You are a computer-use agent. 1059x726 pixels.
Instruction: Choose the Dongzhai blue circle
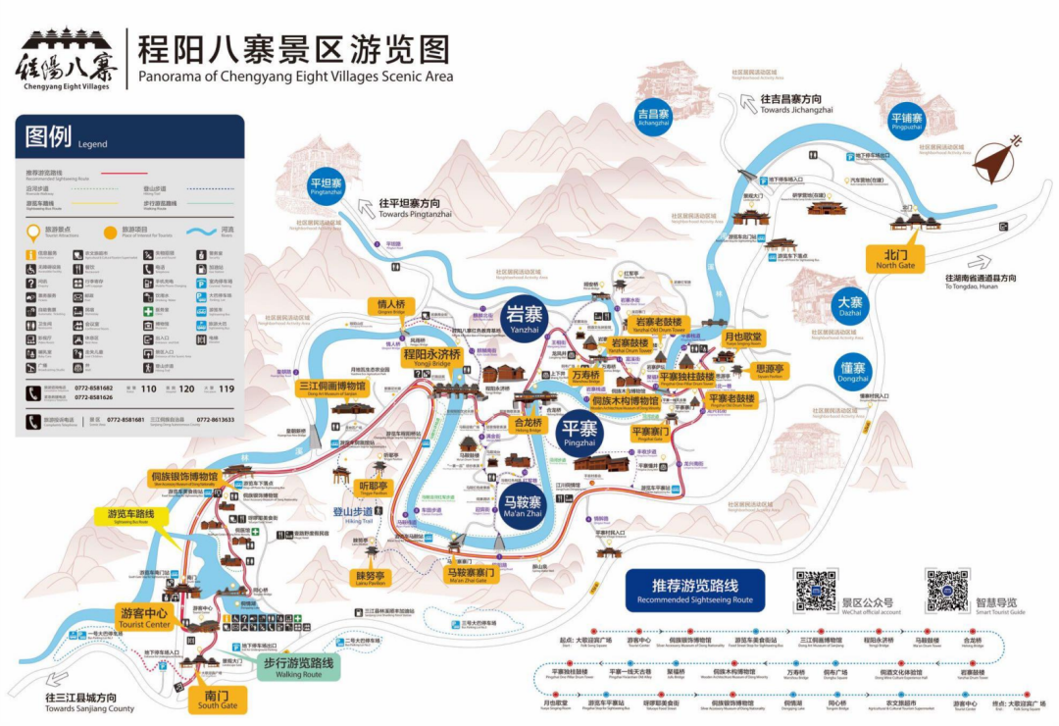853,371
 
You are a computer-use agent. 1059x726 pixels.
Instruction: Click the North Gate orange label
894,258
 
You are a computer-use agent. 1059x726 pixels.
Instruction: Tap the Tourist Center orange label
143,617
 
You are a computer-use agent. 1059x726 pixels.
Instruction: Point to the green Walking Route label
298,667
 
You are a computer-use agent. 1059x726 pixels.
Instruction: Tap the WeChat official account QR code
816,590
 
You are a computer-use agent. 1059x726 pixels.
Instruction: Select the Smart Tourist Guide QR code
946,590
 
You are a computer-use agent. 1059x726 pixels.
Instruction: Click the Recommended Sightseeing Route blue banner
694,590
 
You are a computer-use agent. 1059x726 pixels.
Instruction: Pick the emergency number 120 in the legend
185,389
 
